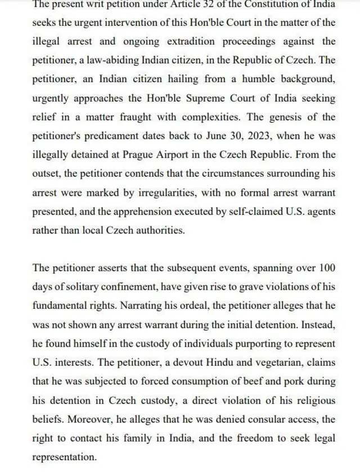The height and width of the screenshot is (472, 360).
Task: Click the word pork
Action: (x=292, y=381)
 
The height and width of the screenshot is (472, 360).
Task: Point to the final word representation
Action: (x=65, y=457)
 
